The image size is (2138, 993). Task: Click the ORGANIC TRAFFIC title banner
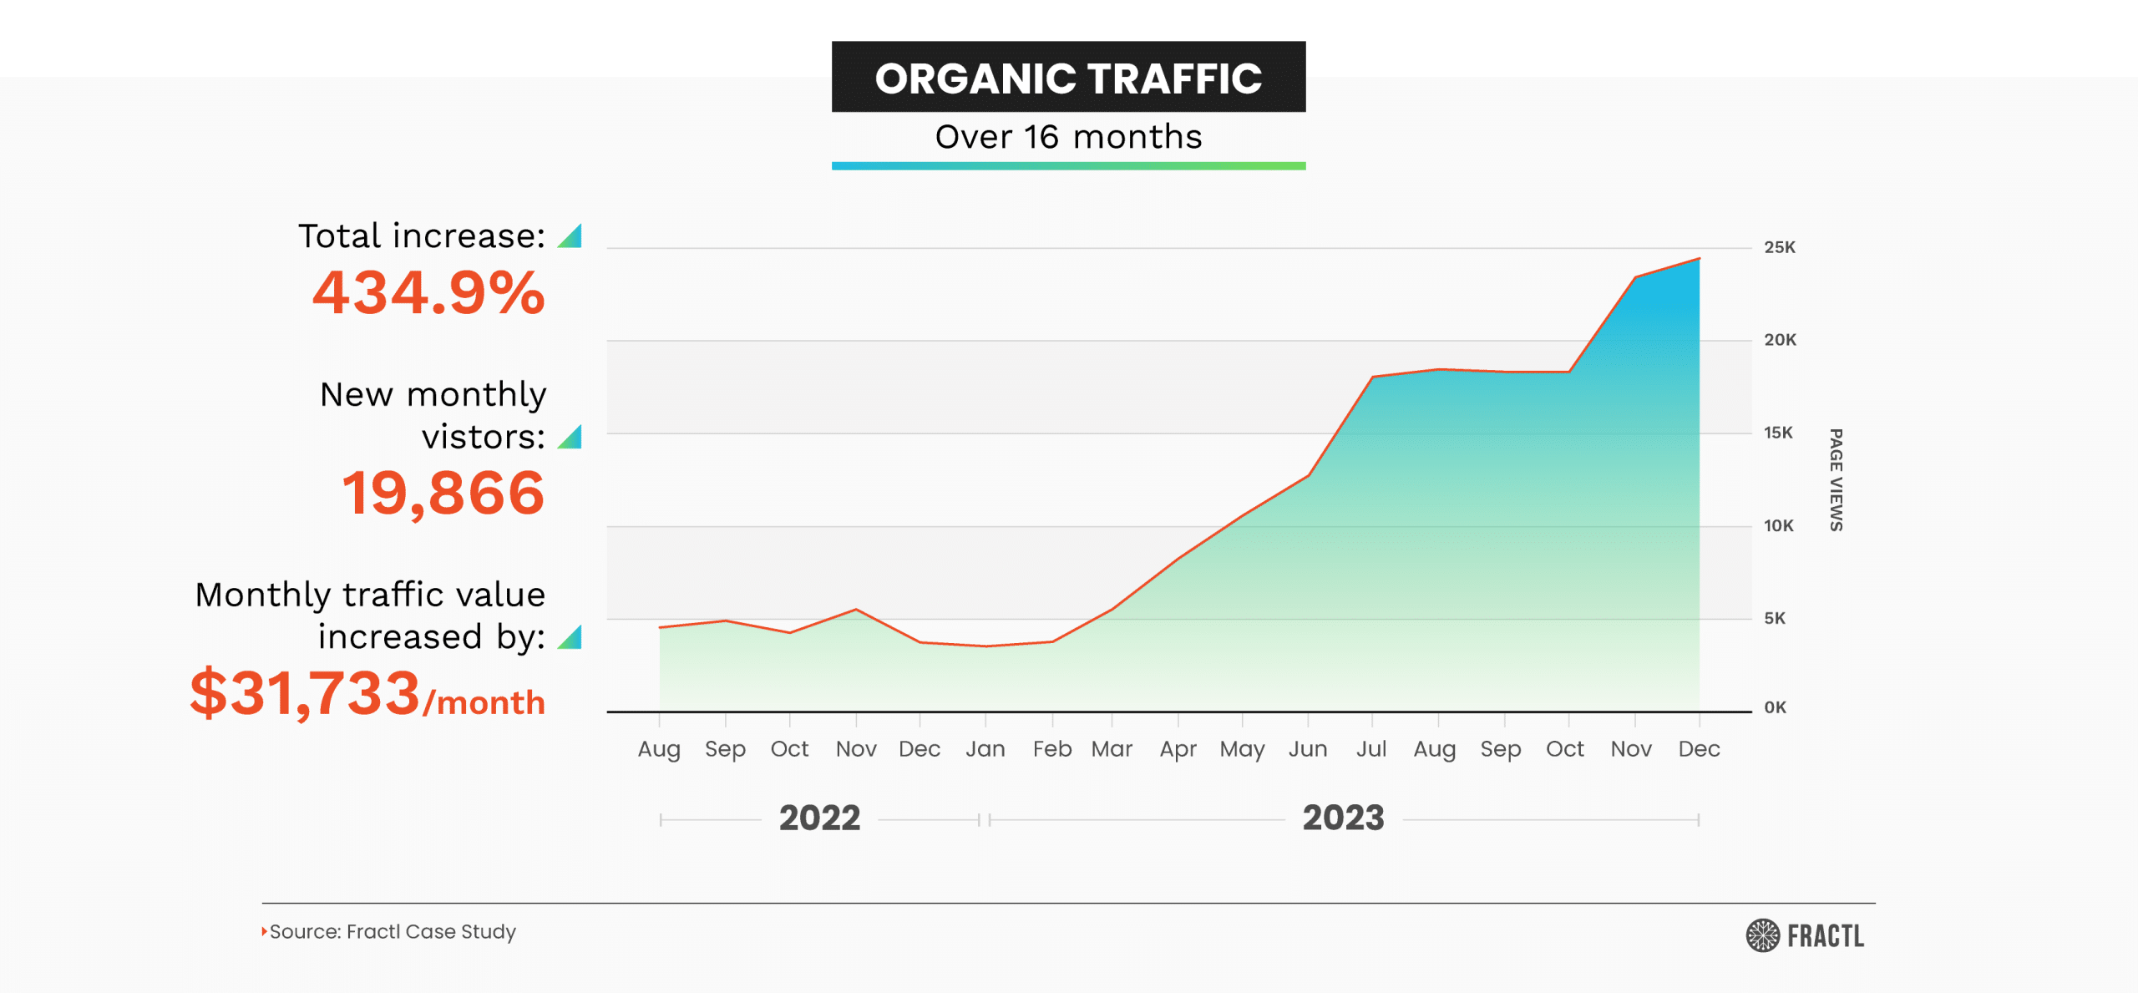[1068, 78]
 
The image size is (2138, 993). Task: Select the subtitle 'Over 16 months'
[1068, 137]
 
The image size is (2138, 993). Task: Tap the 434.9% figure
[428, 293]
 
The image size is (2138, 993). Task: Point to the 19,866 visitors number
[443, 493]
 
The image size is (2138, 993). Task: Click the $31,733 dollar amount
[305, 693]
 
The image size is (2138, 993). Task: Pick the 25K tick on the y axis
[1779, 247]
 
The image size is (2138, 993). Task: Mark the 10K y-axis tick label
[1778, 526]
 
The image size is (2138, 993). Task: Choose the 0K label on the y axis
[1775, 707]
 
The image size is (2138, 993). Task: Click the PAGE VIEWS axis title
[1836, 479]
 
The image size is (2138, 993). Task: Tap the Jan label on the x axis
[985, 749]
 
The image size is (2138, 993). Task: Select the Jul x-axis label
[1371, 749]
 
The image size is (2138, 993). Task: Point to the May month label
[1242, 749]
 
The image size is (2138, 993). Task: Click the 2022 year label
[819, 818]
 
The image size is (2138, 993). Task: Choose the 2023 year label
[1343, 818]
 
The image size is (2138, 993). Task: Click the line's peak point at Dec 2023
[1699, 259]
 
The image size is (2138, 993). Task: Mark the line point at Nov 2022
[856, 610]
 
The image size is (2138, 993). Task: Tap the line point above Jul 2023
[1372, 377]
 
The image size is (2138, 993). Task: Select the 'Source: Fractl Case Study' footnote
[392, 931]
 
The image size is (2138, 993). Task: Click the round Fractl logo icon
[1762, 935]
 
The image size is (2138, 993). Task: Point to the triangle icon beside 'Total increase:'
[570, 236]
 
